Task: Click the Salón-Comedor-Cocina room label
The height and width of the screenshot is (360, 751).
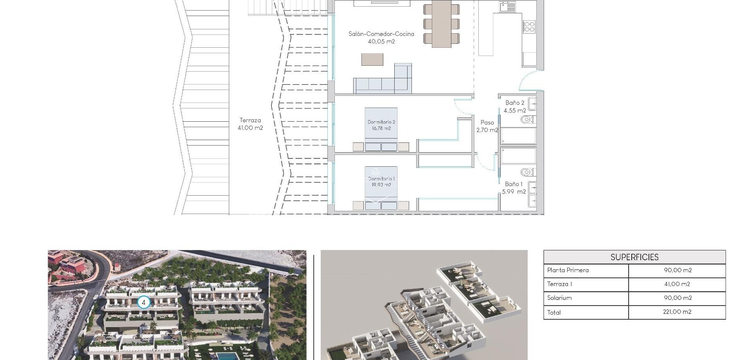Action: click(x=381, y=38)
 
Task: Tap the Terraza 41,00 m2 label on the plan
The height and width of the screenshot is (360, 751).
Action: click(x=250, y=124)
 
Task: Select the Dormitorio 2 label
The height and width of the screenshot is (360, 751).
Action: click(x=381, y=125)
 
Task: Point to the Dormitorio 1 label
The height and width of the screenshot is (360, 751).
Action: click(x=381, y=182)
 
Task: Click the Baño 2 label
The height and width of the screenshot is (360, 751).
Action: click(x=515, y=106)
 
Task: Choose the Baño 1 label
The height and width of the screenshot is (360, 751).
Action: click(x=514, y=187)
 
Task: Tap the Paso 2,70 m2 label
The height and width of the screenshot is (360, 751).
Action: click(x=487, y=126)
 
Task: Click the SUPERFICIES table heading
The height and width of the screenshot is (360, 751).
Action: click(x=634, y=257)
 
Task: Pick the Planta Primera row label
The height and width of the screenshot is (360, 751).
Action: click(x=568, y=270)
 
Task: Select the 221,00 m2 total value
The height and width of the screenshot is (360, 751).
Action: click(x=677, y=312)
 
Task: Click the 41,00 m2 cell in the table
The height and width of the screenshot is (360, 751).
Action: click(x=677, y=284)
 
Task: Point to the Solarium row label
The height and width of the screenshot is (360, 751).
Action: click(x=559, y=298)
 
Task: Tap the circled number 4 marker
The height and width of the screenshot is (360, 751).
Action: click(x=144, y=302)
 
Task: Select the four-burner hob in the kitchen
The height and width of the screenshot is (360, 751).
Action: click(x=529, y=27)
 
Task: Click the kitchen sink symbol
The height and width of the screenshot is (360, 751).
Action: click(x=508, y=7)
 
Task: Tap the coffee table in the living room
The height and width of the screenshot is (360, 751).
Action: click(x=372, y=59)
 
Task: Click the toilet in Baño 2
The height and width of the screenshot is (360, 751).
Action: click(x=526, y=119)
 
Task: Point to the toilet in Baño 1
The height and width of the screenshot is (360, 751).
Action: click(x=526, y=172)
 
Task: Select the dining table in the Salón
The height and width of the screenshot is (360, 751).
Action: click(x=442, y=23)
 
